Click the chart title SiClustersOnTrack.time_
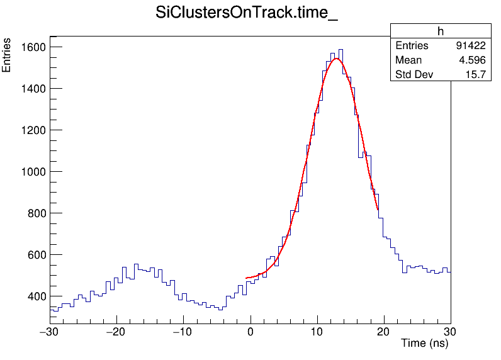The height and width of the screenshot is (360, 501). click(x=247, y=14)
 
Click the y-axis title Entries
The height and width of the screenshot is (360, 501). click(x=7, y=55)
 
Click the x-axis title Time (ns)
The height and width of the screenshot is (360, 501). click(x=424, y=344)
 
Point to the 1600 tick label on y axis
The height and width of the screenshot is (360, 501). click(x=31, y=47)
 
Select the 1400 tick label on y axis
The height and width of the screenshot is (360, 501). click(x=31, y=89)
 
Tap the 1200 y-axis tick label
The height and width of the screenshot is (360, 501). click(x=31, y=130)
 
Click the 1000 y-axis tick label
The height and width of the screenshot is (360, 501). click(x=31, y=172)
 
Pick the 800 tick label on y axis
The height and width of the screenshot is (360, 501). click(x=35, y=213)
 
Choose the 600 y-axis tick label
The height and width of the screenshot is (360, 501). click(x=35, y=255)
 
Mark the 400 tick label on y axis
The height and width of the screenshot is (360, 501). click(x=35, y=296)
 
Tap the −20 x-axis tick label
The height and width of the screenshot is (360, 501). click(x=116, y=332)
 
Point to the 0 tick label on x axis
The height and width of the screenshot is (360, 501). click(x=250, y=332)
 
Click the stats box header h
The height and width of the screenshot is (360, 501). click(x=441, y=31)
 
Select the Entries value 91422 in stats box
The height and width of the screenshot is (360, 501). click(x=471, y=46)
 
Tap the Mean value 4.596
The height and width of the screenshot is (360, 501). click(x=472, y=60)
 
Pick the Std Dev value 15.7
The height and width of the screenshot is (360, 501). click(x=476, y=76)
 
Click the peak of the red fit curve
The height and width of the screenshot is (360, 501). click(x=337, y=59)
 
